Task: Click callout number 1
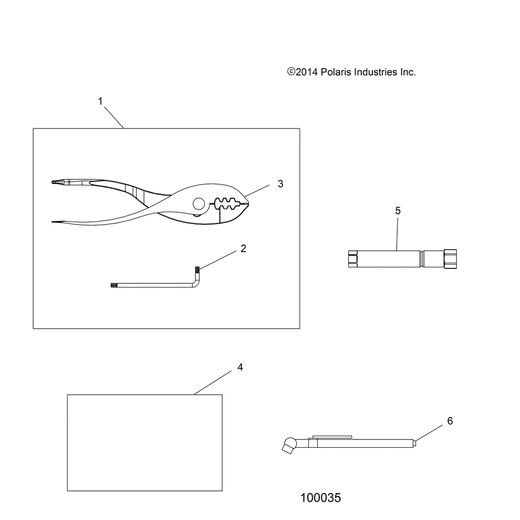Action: (x=100, y=101)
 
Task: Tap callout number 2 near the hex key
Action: (x=243, y=249)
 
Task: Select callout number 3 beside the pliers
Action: (x=281, y=184)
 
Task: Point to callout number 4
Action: (x=240, y=367)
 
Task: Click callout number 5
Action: (x=398, y=211)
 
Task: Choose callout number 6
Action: (x=450, y=421)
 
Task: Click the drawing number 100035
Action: (x=320, y=498)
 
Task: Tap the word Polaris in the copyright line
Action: (x=335, y=72)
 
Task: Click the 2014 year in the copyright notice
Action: (x=307, y=72)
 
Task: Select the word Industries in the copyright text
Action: (x=376, y=72)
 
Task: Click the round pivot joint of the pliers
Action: (x=199, y=204)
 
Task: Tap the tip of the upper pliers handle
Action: (x=53, y=182)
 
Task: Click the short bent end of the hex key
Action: (x=197, y=275)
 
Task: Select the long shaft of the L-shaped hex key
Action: (x=152, y=285)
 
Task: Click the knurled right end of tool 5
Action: (x=450, y=258)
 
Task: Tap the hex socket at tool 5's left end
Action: (x=353, y=258)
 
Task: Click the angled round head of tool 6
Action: (x=290, y=445)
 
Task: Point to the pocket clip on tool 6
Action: (x=332, y=437)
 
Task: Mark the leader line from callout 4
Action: (x=213, y=383)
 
